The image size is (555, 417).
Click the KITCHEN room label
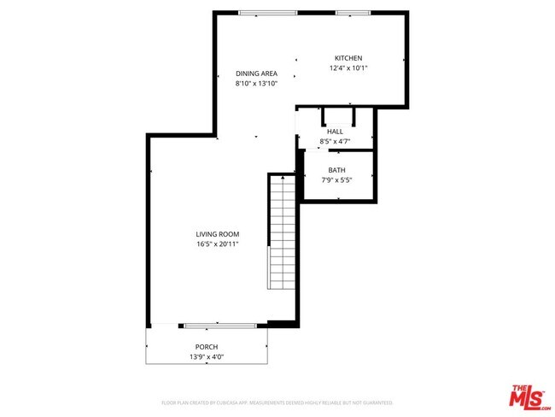tap(348, 58)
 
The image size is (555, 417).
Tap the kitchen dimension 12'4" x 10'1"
tap(348, 68)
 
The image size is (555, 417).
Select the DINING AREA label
tap(256, 73)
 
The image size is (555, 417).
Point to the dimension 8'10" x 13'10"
tap(256, 84)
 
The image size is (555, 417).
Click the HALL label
tap(335, 131)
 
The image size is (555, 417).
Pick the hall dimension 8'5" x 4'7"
tap(335, 141)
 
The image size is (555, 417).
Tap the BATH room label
tap(336, 170)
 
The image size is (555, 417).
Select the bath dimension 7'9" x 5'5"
tap(336, 180)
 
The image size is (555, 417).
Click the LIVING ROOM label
tap(217, 234)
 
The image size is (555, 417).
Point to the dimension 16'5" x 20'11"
tap(217, 244)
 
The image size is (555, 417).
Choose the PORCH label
tap(206, 346)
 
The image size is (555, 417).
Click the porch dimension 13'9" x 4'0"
tap(206, 356)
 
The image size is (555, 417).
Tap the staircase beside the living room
tap(282, 231)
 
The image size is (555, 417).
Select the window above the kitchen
tap(351, 13)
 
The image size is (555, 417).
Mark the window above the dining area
tap(267, 13)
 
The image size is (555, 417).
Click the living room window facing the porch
tap(219, 325)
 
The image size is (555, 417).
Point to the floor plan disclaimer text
tap(277, 402)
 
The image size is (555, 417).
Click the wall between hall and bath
tap(340, 151)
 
